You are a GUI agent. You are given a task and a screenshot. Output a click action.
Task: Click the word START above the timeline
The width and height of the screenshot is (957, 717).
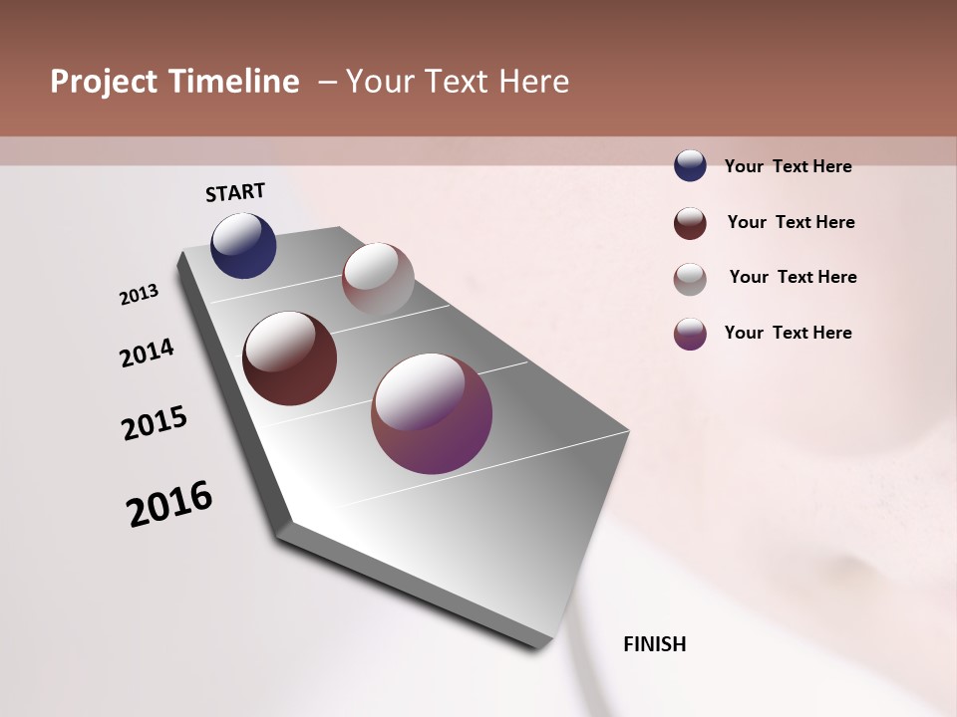click(x=235, y=192)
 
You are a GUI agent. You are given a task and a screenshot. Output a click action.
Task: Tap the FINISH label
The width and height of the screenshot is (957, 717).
click(x=654, y=644)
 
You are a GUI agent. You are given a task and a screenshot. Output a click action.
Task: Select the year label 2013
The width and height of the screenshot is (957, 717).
click(x=140, y=295)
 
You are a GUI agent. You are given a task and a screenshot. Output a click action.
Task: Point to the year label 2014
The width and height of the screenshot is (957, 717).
click(x=147, y=353)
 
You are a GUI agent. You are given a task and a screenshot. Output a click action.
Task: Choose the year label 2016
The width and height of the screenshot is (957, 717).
click(x=169, y=503)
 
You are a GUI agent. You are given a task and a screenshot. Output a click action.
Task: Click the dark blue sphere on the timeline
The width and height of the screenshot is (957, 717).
click(x=243, y=246)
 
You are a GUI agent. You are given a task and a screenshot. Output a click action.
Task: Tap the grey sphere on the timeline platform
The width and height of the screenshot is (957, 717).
click(x=378, y=279)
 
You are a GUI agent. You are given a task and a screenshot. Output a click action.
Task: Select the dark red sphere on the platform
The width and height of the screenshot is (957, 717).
click(x=289, y=358)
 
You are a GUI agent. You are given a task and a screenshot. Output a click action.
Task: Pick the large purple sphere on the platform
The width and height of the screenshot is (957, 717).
click(x=432, y=413)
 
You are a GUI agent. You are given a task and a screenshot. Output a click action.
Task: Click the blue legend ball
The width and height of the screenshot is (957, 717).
click(x=690, y=165)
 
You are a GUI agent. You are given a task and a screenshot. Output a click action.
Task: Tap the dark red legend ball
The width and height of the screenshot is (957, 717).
click(x=690, y=223)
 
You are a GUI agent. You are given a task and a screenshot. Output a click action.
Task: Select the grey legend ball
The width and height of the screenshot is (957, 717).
click(x=690, y=279)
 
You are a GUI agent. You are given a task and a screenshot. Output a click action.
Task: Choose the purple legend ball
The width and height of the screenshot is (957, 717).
click(x=690, y=334)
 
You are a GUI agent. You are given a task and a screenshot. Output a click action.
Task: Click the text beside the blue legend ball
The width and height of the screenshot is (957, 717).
click(x=788, y=166)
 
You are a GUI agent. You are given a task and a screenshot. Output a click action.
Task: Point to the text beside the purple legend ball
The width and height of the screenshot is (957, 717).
click(x=788, y=333)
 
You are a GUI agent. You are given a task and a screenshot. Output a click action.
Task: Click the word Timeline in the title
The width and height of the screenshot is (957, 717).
click(x=232, y=82)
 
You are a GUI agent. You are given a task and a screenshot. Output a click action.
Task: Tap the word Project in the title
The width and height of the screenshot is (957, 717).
click(x=104, y=83)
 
